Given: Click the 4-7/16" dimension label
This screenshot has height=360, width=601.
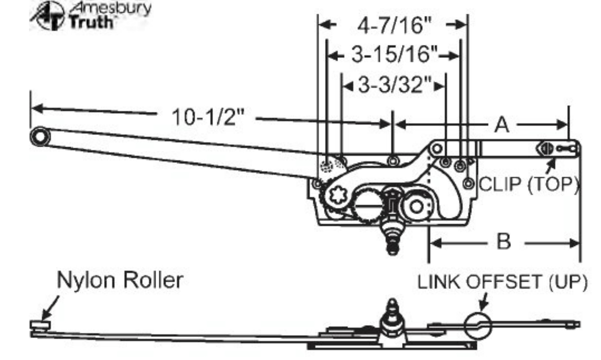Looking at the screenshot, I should click(394, 25).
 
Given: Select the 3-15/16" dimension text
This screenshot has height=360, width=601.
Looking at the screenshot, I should click(395, 55).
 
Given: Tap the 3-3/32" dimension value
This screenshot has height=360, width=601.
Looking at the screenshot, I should click(395, 86).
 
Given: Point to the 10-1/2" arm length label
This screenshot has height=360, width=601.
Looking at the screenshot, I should click(208, 117).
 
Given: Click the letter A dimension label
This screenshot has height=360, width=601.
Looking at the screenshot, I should click(502, 125).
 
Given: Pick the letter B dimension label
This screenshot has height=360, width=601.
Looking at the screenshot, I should click(503, 242).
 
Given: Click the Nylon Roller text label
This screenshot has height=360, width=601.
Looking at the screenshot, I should click(120, 280).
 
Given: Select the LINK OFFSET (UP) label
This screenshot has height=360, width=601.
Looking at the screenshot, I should click(502, 282).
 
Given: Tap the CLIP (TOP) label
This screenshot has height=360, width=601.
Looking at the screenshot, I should click(528, 184).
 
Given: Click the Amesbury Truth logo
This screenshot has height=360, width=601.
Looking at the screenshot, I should click(90, 15).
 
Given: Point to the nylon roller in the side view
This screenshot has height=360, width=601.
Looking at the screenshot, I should click(40, 325).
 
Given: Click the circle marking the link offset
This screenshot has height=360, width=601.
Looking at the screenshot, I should click(477, 325).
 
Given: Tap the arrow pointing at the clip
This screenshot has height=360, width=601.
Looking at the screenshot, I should click(550, 166).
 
